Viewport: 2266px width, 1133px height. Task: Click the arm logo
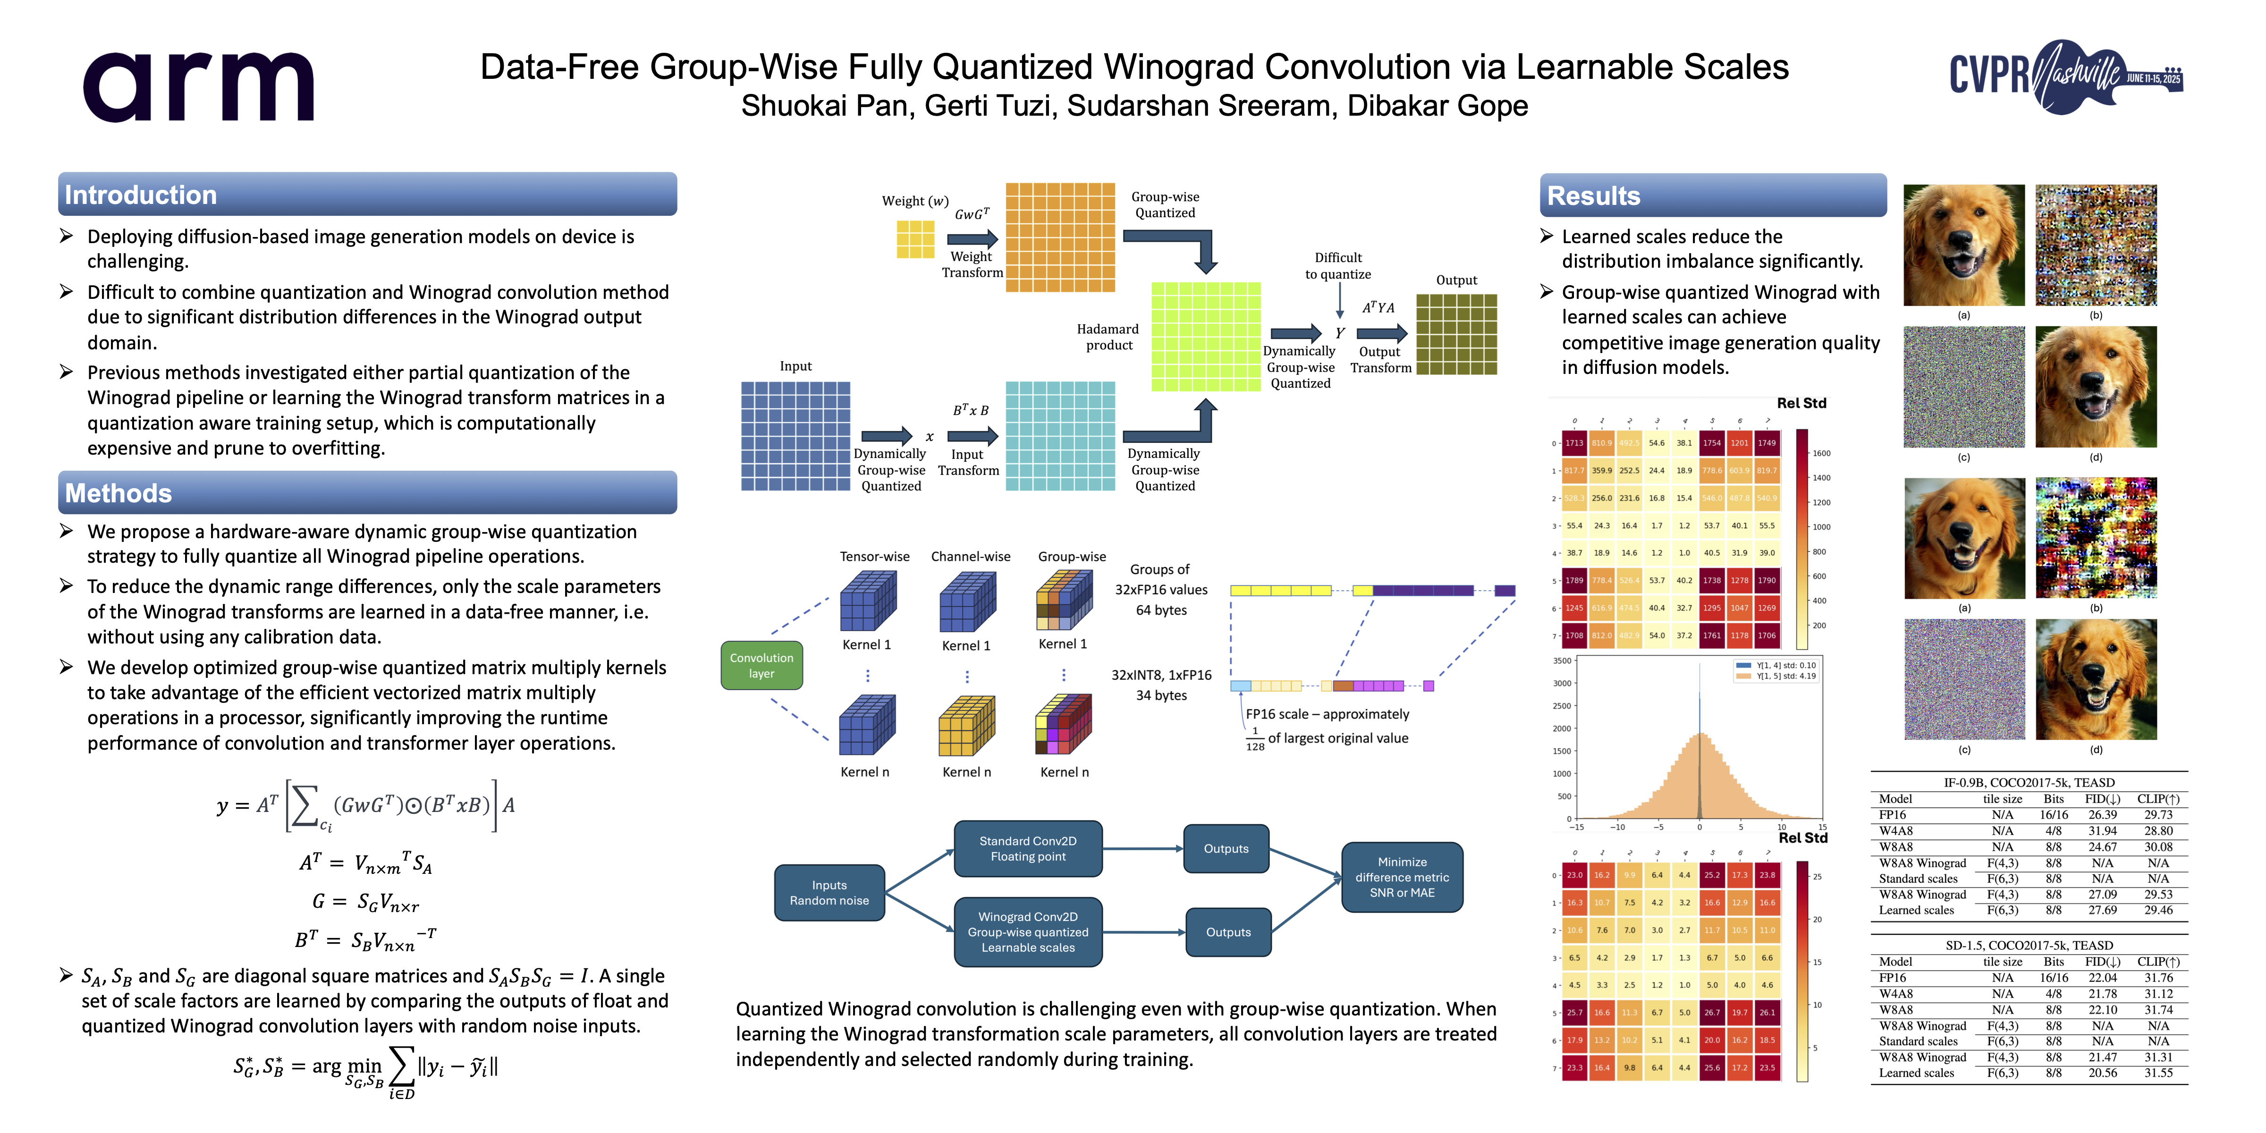point(198,86)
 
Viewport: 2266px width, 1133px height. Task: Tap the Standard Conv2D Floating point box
point(1027,849)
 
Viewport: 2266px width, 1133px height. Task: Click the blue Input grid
point(795,435)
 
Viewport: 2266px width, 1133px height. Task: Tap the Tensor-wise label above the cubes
point(874,557)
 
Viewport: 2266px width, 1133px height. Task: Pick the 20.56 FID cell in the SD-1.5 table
point(2102,1073)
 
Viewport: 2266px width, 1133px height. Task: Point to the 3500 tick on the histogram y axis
point(1562,660)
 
